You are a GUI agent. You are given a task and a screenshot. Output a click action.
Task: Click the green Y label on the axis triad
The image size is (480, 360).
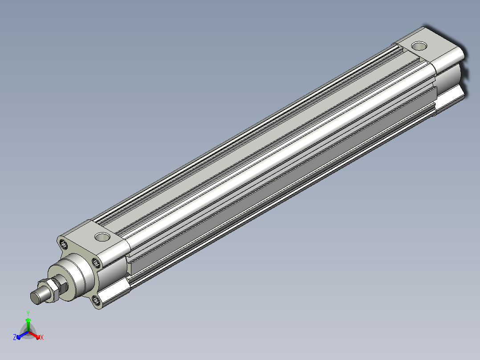28,313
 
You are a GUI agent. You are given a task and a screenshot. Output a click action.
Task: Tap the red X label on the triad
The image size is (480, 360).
42,337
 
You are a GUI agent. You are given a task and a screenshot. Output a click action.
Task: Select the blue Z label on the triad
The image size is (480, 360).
14,337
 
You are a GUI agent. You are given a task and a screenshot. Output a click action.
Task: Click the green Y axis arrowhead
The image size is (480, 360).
28,320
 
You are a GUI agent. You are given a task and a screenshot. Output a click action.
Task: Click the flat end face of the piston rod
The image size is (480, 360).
36,298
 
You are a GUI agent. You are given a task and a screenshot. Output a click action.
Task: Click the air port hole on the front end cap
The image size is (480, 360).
102,237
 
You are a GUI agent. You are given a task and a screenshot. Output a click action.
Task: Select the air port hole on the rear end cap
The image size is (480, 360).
419,46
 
